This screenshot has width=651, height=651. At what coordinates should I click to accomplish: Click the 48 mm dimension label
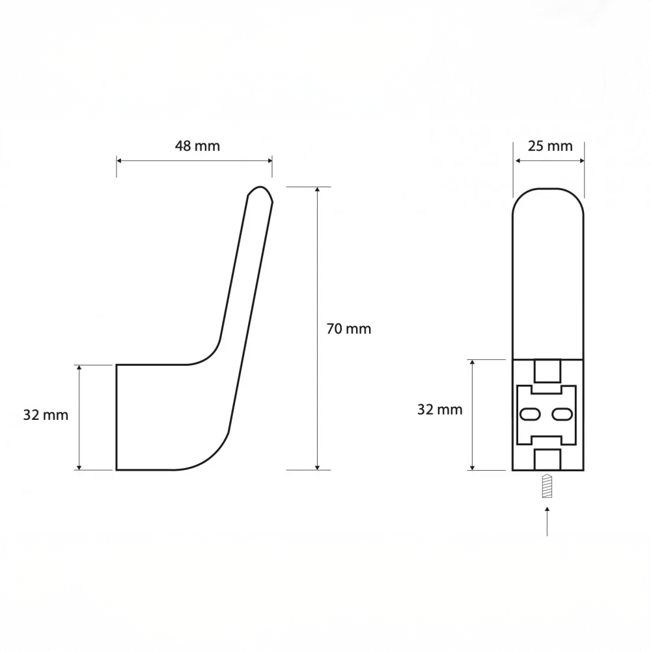pyautogui.click(x=197, y=146)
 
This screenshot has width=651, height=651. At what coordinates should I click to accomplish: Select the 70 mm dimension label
pyautogui.click(x=349, y=329)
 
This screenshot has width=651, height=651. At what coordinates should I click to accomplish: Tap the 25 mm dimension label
pyautogui.click(x=550, y=146)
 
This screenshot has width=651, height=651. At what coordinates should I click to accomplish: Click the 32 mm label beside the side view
pyautogui.click(x=46, y=415)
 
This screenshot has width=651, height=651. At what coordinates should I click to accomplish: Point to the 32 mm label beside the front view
pyautogui.click(x=439, y=409)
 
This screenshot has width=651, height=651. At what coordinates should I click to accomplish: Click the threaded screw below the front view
pyautogui.click(x=547, y=486)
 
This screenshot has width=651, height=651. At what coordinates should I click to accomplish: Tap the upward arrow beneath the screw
pyautogui.click(x=547, y=521)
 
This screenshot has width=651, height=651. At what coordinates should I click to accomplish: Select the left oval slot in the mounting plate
pyautogui.click(x=530, y=414)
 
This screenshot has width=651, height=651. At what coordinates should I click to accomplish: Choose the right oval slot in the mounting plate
pyautogui.click(x=562, y=414)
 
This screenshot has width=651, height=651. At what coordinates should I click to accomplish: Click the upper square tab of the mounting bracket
pyautogui.click(x=547, y=371)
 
